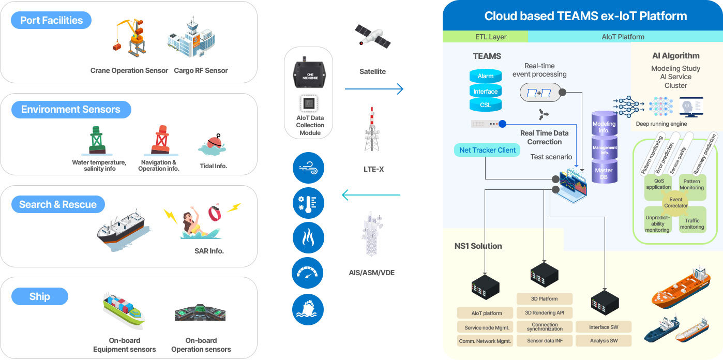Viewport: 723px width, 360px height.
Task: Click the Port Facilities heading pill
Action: point(51,21)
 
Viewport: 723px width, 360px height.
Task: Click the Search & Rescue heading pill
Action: point(58,204)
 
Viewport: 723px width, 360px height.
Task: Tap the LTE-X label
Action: point(373,169)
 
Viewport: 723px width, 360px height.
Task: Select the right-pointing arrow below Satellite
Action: point(374,89)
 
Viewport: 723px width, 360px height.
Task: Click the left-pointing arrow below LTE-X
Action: point(371,196)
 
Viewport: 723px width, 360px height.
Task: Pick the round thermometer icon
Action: point(308,202)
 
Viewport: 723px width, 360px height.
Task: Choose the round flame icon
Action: point(308,238)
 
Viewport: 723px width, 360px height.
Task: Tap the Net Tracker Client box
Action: point(487,150)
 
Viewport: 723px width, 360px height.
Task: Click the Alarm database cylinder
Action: point(485,76)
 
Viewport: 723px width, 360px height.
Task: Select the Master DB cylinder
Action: point(604,173)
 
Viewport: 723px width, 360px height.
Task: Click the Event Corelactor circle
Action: point(675,202)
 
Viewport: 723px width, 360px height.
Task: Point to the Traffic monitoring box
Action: point(692,223)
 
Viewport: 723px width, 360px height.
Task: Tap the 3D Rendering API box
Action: point(545,313)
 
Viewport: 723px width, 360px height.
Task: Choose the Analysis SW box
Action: point(603,341)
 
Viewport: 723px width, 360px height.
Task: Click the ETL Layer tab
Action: point(486,37)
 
